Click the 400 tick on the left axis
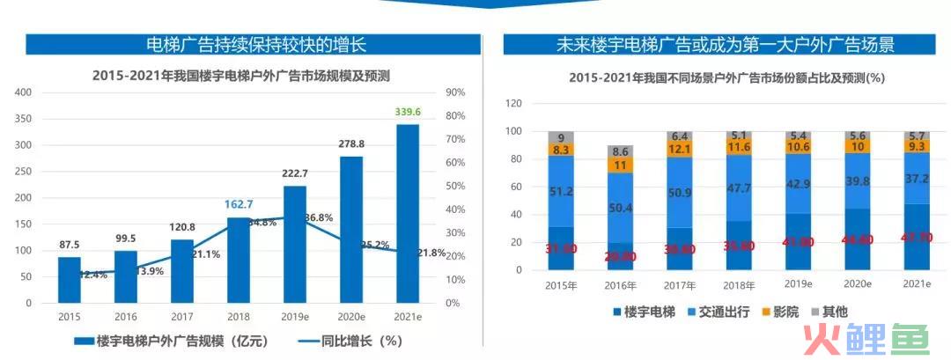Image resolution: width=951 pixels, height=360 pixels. coord(23,92)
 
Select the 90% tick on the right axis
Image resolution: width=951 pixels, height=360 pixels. coord(453,92)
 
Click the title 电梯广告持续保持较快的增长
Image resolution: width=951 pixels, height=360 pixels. coord(254,45)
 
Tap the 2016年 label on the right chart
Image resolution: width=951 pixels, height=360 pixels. coord(620,286)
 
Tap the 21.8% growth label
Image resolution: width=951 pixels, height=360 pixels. coord(430,253)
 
